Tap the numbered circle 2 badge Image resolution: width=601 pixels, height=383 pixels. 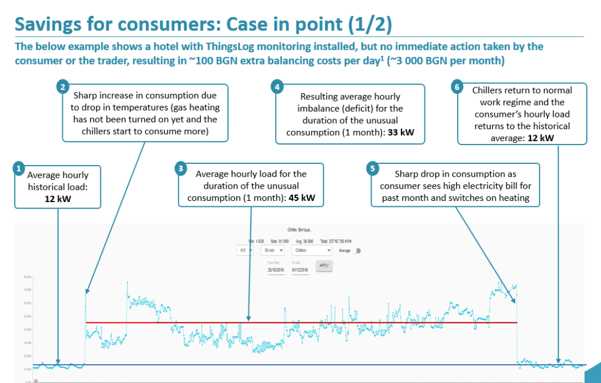(63, 87)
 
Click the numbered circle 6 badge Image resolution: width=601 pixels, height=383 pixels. (458, 87)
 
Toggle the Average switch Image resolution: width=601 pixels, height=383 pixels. (357, 250)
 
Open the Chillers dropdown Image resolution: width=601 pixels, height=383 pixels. (312, 250)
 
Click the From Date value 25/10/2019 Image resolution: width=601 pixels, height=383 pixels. (275, 270)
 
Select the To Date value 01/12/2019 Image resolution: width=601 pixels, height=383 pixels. (299, 270)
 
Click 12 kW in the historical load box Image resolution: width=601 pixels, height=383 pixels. (58, 198)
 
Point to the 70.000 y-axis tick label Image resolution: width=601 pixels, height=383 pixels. (28, 290)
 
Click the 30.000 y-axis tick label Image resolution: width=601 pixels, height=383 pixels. (28, 343)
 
